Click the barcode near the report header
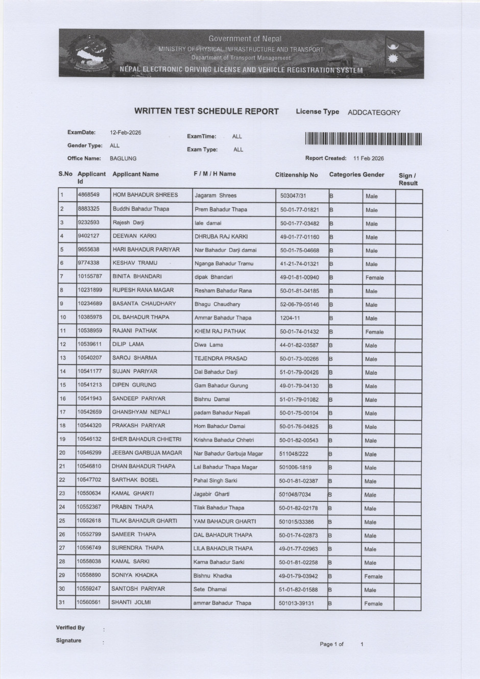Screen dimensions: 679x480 364,139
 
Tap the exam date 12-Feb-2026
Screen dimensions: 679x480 126,133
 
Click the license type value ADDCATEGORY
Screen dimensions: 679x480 374,112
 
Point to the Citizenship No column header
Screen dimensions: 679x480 296,175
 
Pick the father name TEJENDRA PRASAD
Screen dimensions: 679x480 220,358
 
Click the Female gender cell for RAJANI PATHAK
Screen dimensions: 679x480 374,332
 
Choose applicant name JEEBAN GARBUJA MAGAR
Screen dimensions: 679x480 147,453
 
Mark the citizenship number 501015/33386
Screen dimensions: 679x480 296,522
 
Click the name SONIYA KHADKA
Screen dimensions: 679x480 135,575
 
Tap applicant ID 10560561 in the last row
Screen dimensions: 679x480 89,602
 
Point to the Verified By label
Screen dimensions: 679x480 70,627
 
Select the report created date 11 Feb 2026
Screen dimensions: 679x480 369,159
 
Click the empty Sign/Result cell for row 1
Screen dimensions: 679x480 408,196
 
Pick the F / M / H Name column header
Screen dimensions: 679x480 214,174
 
